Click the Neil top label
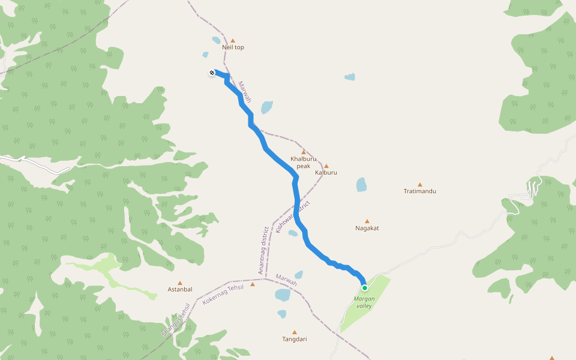pos(233,47)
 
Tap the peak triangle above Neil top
pos(233,41)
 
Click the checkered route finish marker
pos(212,73)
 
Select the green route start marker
pos(364,288)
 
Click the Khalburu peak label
pos(304,162)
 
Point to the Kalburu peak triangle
pos(326,166)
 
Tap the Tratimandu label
pos(419,191)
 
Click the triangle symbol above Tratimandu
pos(420,185)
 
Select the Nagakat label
pos(367,228)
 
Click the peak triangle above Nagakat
pos(367,221)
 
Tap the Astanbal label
pos(179,289)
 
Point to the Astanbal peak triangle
pos(179,283)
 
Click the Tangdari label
pos(295,339)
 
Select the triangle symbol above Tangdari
pos(295,332)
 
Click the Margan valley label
pos(364,302)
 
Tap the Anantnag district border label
pos(262,251)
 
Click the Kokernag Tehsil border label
pos(223,294)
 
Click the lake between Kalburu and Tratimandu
pos(361,184)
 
